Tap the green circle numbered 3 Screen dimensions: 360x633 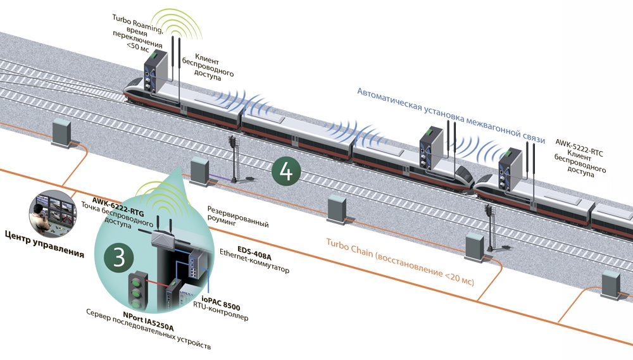(118, 258)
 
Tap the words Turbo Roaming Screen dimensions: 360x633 (135, 20)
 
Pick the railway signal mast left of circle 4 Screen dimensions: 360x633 (235, 159)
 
